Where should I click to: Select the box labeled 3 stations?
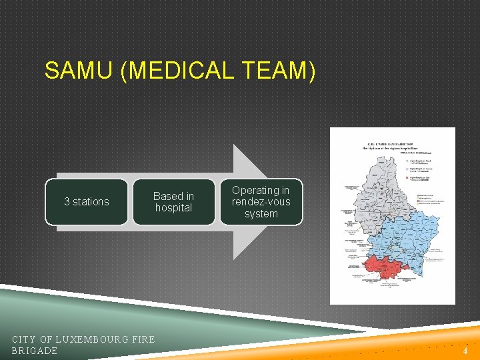(86, 201)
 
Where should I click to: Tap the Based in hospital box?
(173, 201)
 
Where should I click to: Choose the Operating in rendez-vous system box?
(261, 201)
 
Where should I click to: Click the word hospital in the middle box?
(173, 208)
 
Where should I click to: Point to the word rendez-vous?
(261, 202)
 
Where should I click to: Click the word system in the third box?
(261, 214)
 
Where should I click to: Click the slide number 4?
(465, 351)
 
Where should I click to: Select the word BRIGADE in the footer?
(35, 351)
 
